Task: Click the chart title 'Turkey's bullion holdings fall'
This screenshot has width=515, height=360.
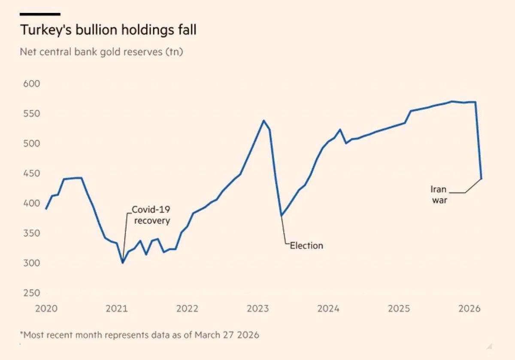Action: click(108, 30)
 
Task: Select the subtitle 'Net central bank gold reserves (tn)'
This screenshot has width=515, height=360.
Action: click(101, 52)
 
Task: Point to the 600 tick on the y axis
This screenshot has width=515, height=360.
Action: click(31, 84)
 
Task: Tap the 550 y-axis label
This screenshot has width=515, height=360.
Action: click(31, 114)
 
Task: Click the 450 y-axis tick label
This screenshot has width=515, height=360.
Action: click(31, 173)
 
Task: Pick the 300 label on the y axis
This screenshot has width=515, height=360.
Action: click(31, 263)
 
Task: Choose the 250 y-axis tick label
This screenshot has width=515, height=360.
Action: click(31, 293)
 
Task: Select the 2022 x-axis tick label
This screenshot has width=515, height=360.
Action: click(187, 309)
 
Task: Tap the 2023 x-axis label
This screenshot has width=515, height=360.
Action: click(257, 309)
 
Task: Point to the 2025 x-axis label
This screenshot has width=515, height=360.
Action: click(399, 309)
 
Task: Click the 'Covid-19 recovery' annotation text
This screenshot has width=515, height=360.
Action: click(151, 215)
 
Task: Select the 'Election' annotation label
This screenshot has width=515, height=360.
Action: click(306, 246)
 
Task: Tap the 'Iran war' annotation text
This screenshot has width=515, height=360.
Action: click(439, 195)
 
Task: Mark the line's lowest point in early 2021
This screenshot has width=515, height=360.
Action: click(123, 263)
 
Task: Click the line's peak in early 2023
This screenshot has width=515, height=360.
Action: click(264, 121)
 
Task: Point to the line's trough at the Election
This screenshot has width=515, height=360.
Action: click(281, 215)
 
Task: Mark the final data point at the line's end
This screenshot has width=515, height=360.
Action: click(482, 178)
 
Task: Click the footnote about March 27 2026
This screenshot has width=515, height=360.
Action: click(139, 335)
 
